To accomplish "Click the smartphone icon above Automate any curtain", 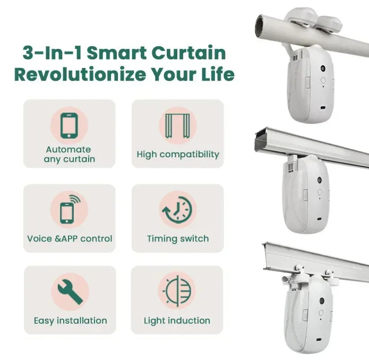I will (x=69, y=126).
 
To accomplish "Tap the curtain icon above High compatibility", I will (x=177, y=126).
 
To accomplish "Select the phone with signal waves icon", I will (x=69, y=209).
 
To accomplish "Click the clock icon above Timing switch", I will (x=177, y=209).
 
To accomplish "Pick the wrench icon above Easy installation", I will (x=69, y=292).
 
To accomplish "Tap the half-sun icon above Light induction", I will (x=177, y=292).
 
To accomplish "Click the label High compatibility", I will (x=177, y=155).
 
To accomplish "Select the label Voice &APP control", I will (x=70, y=238).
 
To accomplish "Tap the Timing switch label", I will (x=177, y=238).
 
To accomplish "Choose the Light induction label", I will (x=177, y=321).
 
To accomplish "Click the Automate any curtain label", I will (x=69, y=154).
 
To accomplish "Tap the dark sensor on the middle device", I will (x=320, y=181).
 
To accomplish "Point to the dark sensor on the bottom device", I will (x=322, y=301).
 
